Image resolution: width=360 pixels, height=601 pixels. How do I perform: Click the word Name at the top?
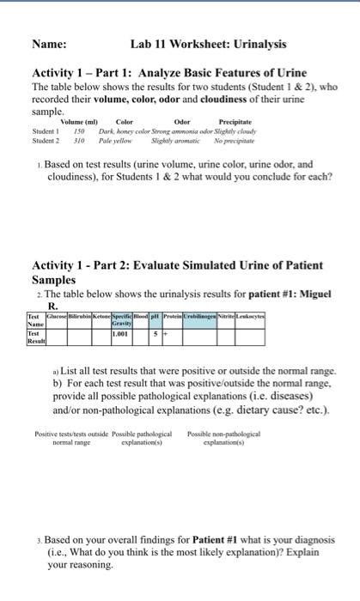[51, 44]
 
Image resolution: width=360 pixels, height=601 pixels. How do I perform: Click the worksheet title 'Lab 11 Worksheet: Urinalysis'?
[209, 44]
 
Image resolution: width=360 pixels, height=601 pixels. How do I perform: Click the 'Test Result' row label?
[36, 341]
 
